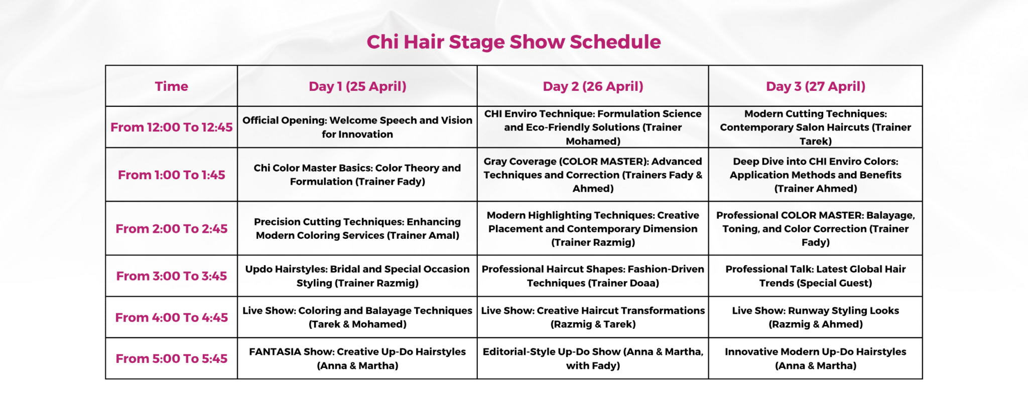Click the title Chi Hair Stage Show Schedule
tap(513, 42)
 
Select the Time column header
tap(171, 86)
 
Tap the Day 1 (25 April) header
tap(357, 86)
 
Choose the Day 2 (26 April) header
tap(593, 86)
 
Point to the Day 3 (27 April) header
tap(816, 86)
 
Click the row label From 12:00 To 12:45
tap(171, 127)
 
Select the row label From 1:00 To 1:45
tap(171, 175)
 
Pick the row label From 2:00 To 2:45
tap(171, 229)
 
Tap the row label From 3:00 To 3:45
tap(171, 276)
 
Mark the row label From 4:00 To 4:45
tap(171, 318)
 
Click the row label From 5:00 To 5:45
tap(171, 359)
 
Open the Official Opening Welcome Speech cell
tap(357, 127)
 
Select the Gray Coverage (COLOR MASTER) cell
tap(593, 175)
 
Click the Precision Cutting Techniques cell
tap(357, 229)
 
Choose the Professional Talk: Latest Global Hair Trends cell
tap(816, 276)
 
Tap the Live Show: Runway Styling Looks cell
tap(816, 318)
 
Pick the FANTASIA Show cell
tap(357, 359)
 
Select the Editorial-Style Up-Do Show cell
tap(593, 359)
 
